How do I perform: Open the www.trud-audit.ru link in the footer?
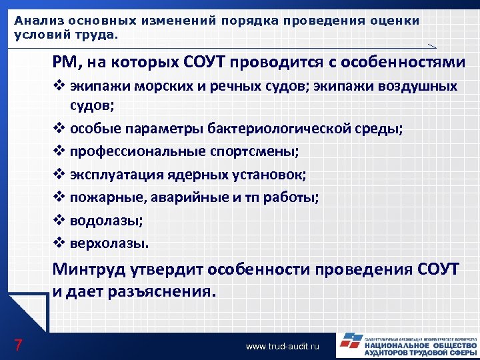click(x=283, y=347)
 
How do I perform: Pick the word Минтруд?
click(x=94, y=270)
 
